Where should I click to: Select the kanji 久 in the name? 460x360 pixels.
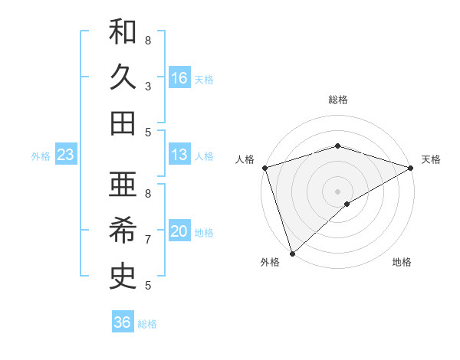tap(123, 78)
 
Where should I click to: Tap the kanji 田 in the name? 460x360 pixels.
tap(123, 123)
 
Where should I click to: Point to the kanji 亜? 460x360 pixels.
tap(123, 185)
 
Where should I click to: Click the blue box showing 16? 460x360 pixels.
tap(179, 78)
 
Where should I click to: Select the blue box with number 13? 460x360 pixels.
tap(179, 155)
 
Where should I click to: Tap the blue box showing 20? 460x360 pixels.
tap(179, 232)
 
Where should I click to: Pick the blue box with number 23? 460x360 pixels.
tap(65, 155)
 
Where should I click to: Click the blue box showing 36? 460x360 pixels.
tap(123, 322)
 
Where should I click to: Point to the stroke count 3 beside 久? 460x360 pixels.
tap(148, 87)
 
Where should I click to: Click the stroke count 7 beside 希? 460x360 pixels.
tap(148, 240)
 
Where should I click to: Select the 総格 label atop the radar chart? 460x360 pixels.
tap(338, 100)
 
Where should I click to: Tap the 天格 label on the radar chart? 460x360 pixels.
tap(432, 159)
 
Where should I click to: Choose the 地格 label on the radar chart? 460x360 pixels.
tap(402, 262)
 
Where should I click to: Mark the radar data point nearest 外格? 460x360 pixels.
tap(292, 253)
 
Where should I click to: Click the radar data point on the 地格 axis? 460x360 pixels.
tap(347, 204)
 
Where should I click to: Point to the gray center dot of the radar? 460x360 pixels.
tap(338, 191)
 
